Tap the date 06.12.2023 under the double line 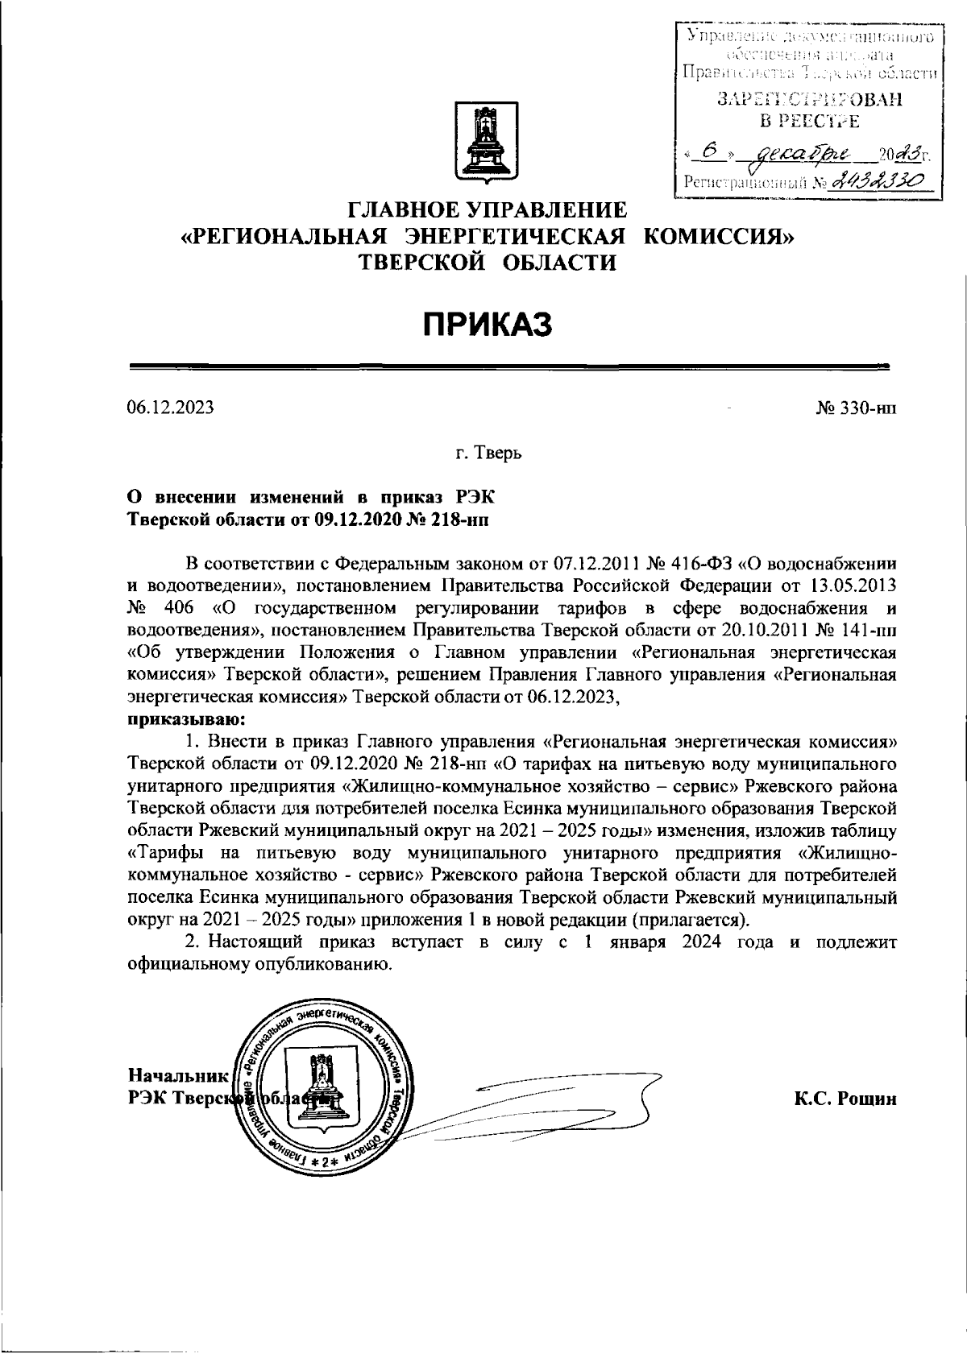point(171,408)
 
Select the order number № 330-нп point(856,408)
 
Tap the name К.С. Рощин point(845,1099)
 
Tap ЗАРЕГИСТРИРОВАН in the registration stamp point(809,100)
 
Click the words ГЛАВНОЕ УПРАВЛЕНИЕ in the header point(487,211)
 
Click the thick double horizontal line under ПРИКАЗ point(509,367)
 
